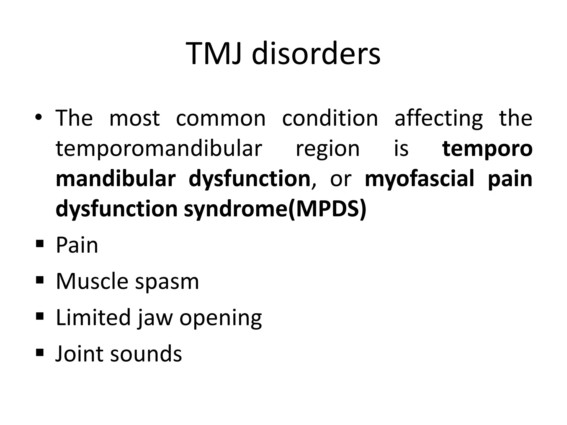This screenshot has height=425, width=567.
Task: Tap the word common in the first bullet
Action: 221,118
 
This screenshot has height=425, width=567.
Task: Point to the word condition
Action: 330,118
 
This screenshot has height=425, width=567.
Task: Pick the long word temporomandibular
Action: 159,149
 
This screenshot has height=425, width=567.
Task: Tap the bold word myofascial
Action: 419,179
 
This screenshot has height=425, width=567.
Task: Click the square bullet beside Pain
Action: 40,244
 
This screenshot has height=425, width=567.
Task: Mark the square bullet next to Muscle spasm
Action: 40,280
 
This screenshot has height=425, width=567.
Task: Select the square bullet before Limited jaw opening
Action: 40,316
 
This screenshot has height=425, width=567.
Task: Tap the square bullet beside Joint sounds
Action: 40,352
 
